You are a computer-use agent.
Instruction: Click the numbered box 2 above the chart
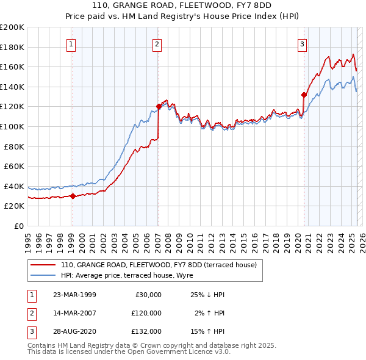pos(157,44)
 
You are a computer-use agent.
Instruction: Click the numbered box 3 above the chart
pos(302,44)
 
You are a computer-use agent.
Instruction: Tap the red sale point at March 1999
pos(73,196)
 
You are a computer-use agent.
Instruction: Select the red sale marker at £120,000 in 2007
pos(159,106)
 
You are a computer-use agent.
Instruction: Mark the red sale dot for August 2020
pos(303,95)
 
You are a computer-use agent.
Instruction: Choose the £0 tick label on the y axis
pos(20,226)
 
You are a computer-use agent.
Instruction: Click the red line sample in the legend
pos(44,265)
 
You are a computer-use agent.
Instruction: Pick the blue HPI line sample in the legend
pos(44,275)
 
